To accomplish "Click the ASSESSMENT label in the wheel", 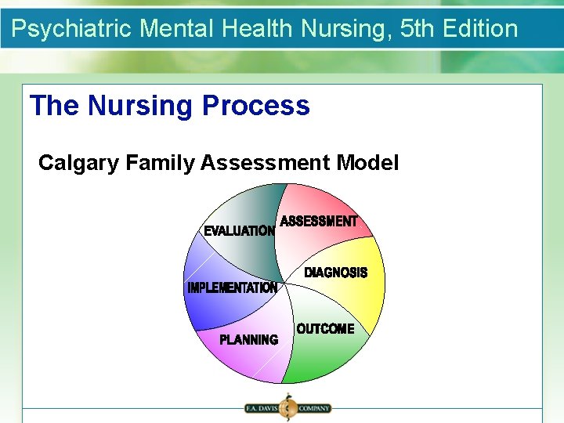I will tap(318, 222).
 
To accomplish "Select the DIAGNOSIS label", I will tap(335, 273).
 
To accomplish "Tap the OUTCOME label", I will tap(325, 329).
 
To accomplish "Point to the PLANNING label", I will tap(248, 340).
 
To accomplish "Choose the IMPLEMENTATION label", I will tap(232, 288).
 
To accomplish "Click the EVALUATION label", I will tap(239, 231).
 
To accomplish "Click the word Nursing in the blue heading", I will tap(142, 106).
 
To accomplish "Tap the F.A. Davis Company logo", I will tap(287, 408).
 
